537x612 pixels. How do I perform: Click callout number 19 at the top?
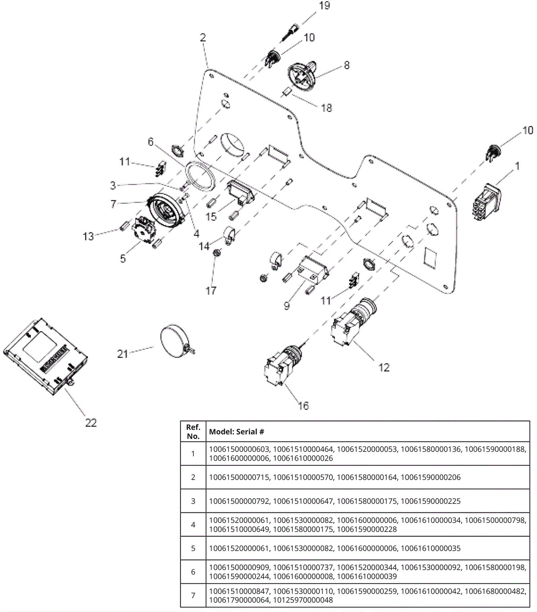(325, 6)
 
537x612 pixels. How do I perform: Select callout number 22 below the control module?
(91, 423)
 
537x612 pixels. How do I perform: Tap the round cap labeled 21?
(177, 341)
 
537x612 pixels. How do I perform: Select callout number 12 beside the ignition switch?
(384, 368)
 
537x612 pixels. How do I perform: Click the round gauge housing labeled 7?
(166, 212)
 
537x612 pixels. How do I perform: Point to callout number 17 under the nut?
(211, 291)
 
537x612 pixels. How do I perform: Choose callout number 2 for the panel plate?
(203, 37)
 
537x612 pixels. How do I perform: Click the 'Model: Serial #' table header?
(237, 432)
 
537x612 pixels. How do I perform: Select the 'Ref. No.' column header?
(193, 432)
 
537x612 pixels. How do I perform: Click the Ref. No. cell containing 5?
(193, 548)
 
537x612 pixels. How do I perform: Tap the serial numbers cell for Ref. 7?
(368, 596)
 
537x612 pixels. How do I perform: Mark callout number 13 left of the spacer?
(88, 236)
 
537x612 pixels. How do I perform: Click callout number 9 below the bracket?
(287, 306)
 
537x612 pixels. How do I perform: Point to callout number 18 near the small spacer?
(327, 108)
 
